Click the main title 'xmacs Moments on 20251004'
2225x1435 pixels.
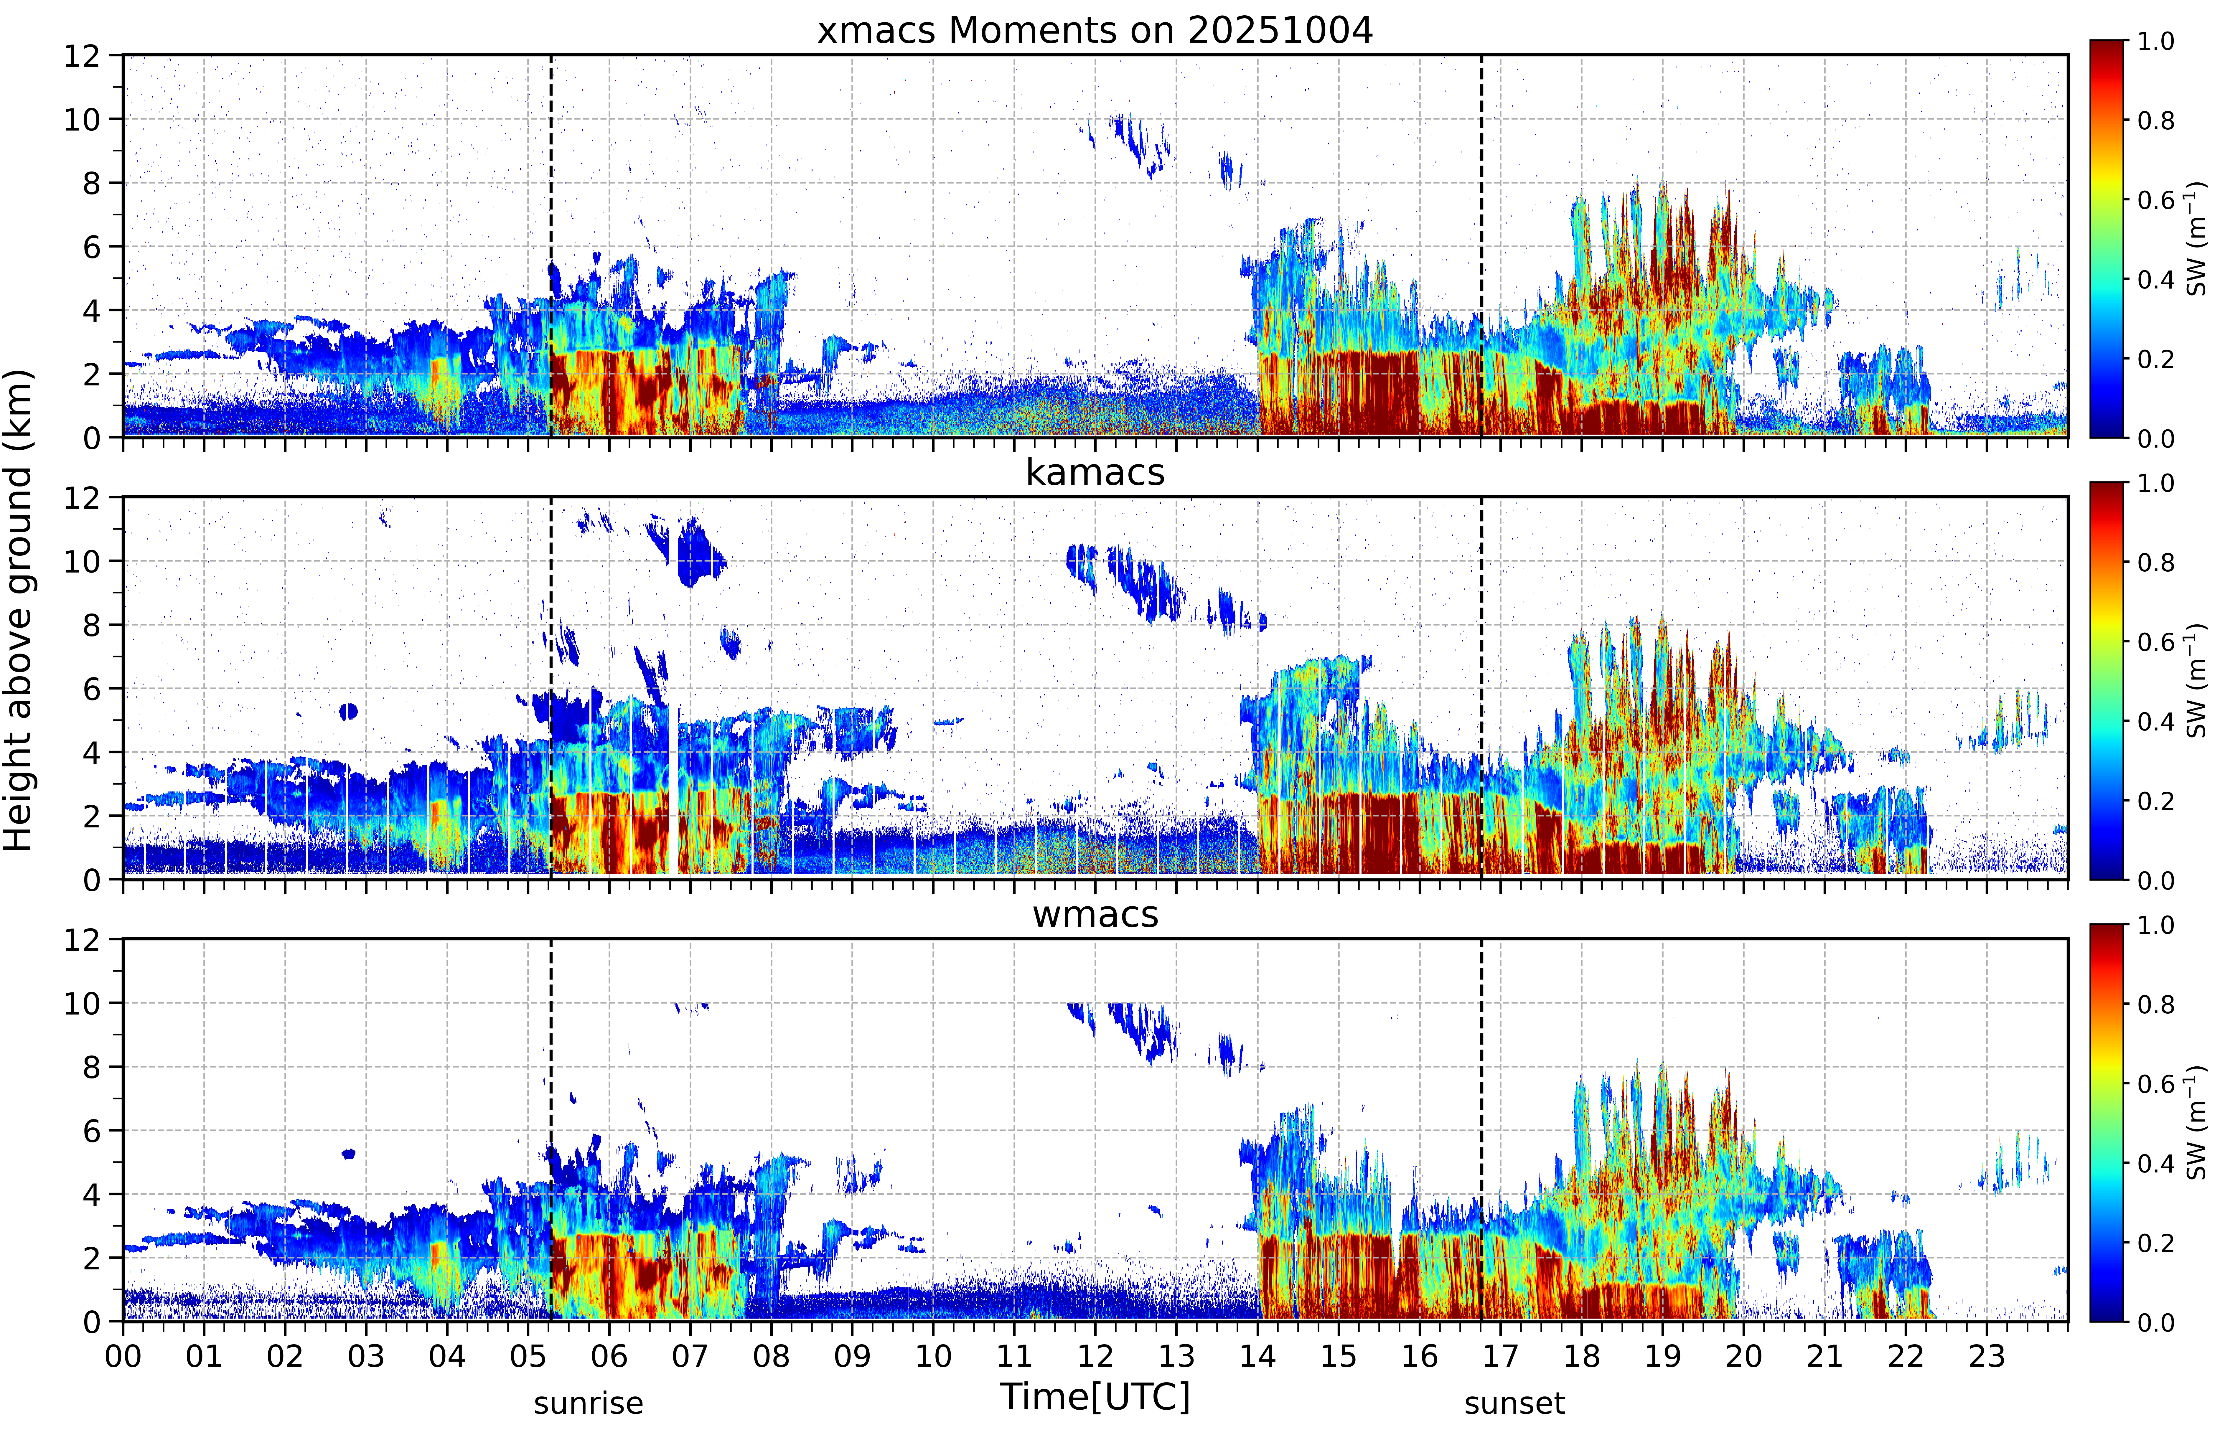[1095, 31]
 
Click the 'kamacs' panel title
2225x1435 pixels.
[1095, 472]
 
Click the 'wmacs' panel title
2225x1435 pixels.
[1095, 914]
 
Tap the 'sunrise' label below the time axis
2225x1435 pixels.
[588, 1403]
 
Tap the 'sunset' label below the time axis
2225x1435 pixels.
[1514, 1403]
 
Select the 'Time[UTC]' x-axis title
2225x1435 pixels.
[1095, 1398]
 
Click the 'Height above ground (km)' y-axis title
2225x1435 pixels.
[18, 610]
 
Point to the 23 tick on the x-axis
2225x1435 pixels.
[1987, 1356]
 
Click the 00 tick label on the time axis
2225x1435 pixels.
[123, 1356]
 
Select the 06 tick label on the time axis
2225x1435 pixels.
[609, 1356]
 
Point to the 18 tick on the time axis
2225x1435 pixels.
[1581, 1356]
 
